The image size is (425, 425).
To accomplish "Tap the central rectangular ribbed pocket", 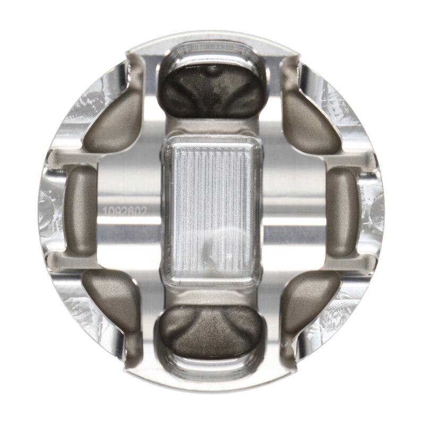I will tap(212, 210).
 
